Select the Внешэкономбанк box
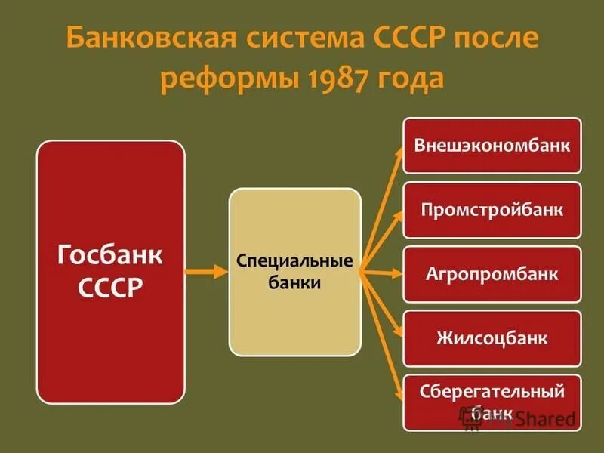[492, 145]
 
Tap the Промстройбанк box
[492, 209]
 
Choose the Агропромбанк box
[492, 273]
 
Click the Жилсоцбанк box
[492, 337]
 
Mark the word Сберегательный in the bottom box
[492, 392]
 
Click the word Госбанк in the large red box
[110, 255]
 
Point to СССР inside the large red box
[110, 288]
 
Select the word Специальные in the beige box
[295, 261]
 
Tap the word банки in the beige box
[295, 284]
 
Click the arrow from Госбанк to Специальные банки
[206, 272]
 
